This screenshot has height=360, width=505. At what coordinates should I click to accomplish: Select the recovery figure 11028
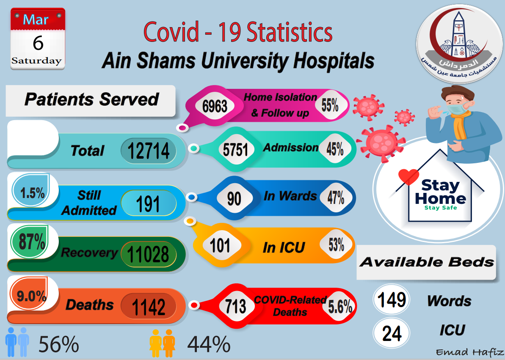click(148, 254)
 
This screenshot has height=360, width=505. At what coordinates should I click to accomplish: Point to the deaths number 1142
click(148, 306)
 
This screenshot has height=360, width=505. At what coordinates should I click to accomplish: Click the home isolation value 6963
click(215, 106)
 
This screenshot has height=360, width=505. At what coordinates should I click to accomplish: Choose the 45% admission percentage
click(335, 148)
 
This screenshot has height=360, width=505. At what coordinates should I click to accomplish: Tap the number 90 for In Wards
click(234, 198)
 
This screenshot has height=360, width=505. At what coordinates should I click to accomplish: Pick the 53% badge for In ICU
click(336, 245)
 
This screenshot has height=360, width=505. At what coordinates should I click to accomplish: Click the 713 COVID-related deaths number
click(236, 306)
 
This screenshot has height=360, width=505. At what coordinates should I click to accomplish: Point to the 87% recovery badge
click(32, 242)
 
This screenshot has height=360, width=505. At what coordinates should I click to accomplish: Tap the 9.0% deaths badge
click(31, 296)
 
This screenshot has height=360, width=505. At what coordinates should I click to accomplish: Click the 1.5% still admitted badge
click(32, 193)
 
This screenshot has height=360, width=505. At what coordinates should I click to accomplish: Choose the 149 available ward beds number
click(392, 300)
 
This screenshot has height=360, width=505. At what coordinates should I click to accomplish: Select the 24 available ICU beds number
click(392, 333)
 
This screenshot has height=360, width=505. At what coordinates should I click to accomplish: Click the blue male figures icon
click(17, 342)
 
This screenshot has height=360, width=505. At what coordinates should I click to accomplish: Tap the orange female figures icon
click(163, 343)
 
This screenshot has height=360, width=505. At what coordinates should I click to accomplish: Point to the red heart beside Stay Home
click(408, 176)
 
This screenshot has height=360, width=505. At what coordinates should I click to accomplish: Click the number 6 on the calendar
click(38, 43)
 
